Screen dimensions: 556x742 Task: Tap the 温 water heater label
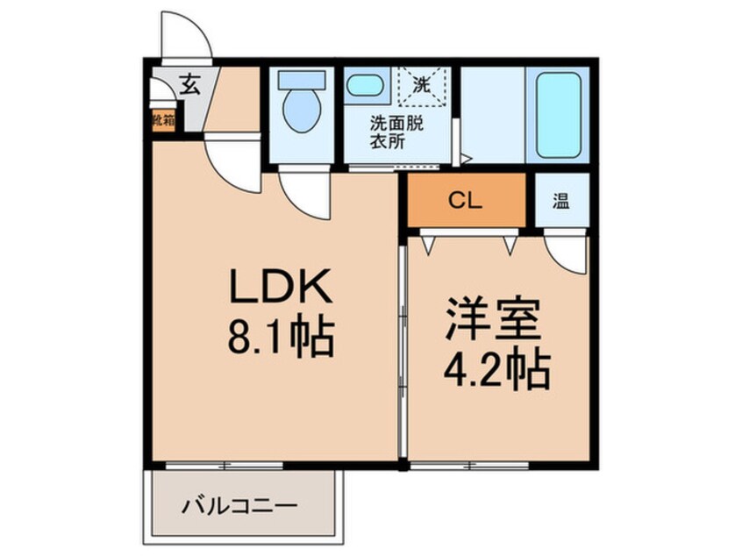click(x=560, y=201)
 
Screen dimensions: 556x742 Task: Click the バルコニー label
click(x=240, y=506)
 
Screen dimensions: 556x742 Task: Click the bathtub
click(x=557, y=114)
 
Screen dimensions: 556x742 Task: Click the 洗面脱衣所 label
click(x=395, y=132)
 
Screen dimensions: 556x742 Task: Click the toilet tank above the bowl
click(x=301, y=79)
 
